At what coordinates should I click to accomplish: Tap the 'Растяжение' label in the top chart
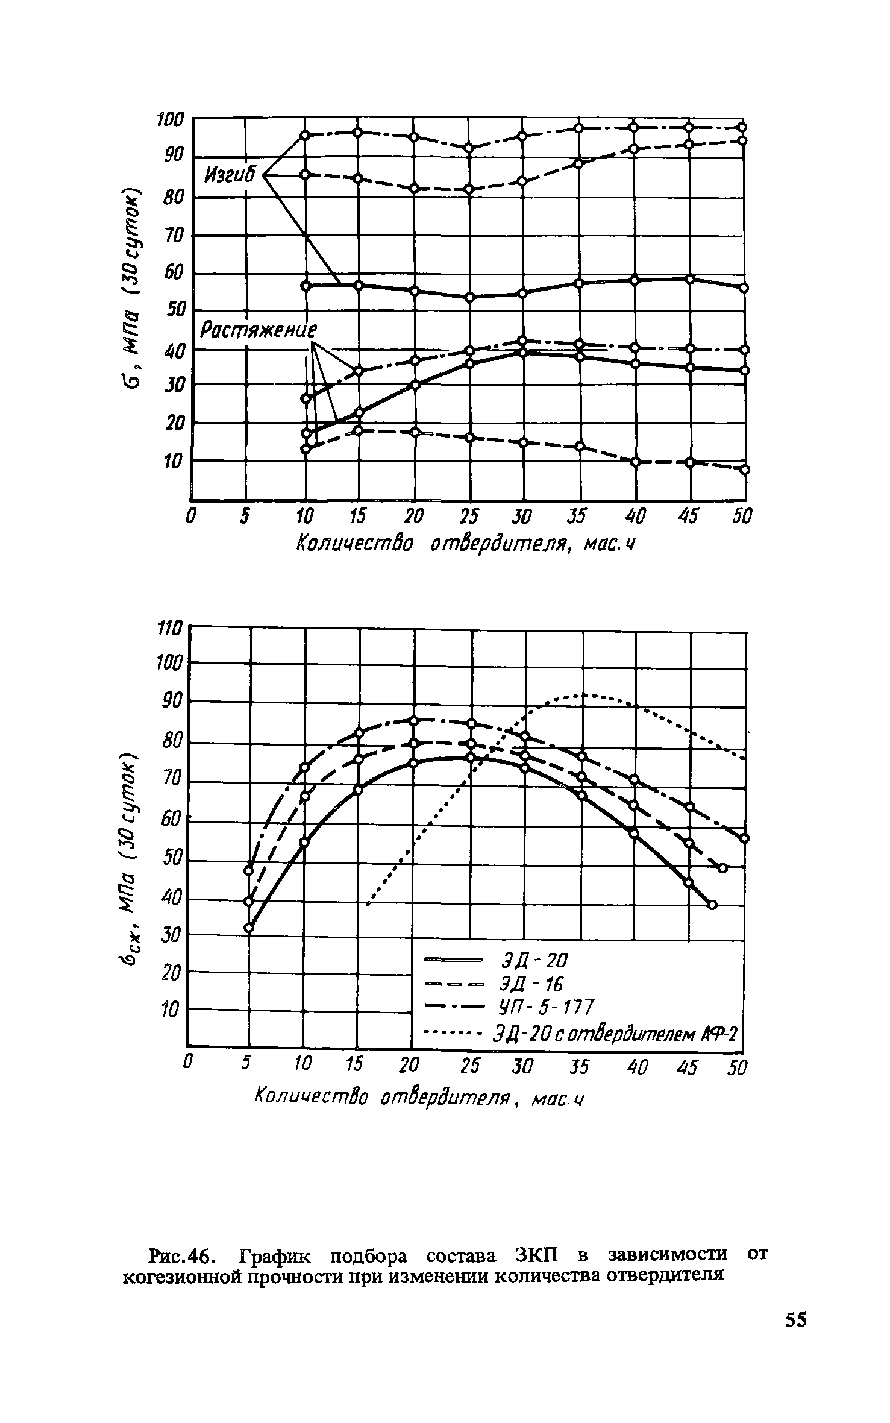259,330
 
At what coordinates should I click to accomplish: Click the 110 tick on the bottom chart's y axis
169,629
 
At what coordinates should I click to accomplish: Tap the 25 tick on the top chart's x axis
469,517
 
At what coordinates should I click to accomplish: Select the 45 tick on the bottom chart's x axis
686,1067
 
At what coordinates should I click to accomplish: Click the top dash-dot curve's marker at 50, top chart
743,127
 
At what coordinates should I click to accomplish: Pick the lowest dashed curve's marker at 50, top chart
744,470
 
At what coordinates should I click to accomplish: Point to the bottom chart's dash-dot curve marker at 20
414,721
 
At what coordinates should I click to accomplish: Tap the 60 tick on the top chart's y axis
172,274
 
